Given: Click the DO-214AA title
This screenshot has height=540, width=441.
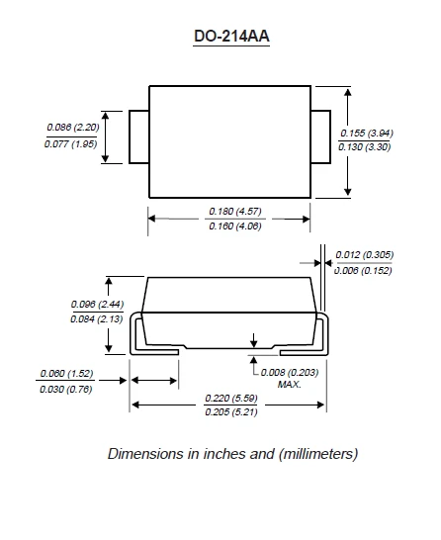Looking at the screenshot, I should coord(231,38).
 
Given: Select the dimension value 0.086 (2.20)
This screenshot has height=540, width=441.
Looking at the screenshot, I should coord(72,127).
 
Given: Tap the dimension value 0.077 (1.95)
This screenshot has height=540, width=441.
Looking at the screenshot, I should coord(72,144).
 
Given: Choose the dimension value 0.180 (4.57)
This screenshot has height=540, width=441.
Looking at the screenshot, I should coord(231,211).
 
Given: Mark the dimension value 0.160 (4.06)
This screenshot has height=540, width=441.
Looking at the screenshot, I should coord(231,227).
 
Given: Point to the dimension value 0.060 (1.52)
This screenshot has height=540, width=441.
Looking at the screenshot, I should coord(66,373).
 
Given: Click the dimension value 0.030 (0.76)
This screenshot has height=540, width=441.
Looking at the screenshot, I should coord(66,389).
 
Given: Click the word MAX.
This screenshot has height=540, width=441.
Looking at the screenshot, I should coord(289,384).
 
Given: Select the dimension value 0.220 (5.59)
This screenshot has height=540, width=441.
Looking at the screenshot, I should coord(230,397).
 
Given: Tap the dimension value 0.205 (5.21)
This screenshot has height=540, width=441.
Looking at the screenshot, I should coord(230,412).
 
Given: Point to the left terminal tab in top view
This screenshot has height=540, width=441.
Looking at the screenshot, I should coord(138,136).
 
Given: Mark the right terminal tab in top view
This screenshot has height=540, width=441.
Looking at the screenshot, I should coord(322,136).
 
